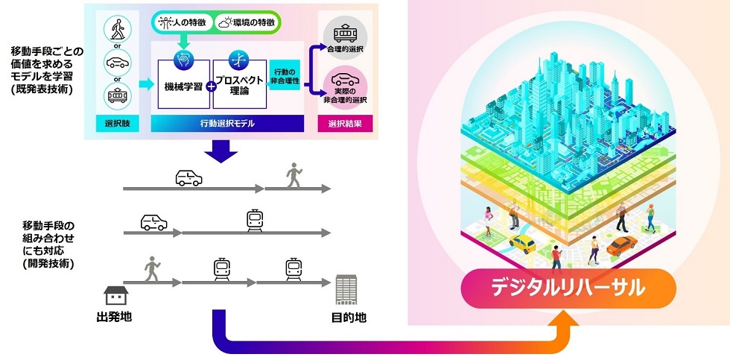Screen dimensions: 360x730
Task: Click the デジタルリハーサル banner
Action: click(x=568, y=288)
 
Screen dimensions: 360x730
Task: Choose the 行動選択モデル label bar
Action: click(x=226, y=124)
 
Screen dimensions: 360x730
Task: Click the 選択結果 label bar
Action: click(x=343, y=124)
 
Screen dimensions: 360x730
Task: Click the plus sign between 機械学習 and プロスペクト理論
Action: click(x=211, y=86)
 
